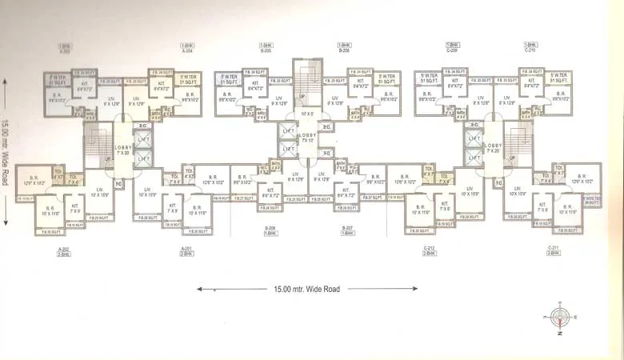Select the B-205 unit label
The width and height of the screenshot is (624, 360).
coord(266,47)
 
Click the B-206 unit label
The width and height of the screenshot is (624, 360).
coord(345,47)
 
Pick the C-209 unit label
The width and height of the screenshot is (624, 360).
coord(452,47)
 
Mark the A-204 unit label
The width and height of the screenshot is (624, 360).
coord(187,47)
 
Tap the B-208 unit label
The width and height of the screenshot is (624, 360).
coord(270,230)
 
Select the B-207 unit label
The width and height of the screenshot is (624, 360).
coord(347,230)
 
